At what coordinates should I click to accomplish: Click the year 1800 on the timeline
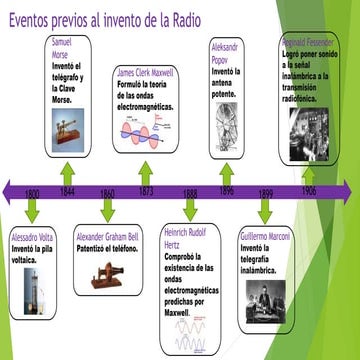pyautogui.click(x=32, y=192)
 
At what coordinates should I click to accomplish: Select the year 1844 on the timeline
pyautogui.click(x=67, y=191)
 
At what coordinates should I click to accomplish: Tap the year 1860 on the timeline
pyautogui.click(x=107, y=192)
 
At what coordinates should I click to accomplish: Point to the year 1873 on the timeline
pyautogui.click(x=146, y=191)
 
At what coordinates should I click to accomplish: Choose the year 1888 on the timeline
pyautogui.click(x=190, y=192)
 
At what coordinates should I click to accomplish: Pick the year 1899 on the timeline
pyautogui.click(x=266, y=192)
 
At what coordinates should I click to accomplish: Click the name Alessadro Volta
pyautogui.click(x=27, y=237)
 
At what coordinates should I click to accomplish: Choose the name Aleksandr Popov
pyautogui.click(x=225, y=54)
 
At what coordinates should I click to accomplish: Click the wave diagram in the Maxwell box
pyautogui.click(x=147, y=132)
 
